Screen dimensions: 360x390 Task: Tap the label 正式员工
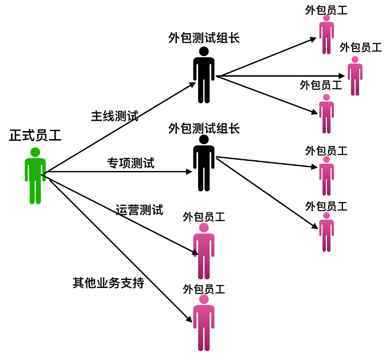pos(36,136)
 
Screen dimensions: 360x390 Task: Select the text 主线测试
pos(115,116)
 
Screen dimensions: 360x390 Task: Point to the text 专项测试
pos(131,163)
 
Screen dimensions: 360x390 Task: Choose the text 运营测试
pos(139,210)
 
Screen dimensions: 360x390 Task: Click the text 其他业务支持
pos(108,283)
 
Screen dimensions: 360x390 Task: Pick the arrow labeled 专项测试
pos(115,172)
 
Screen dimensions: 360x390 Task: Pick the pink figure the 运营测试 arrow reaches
pos(204,252)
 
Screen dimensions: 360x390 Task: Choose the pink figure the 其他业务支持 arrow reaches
pos(204,323)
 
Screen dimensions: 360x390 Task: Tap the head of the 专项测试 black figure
pos(204,139)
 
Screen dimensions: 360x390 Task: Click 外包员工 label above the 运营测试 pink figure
pos(204,217)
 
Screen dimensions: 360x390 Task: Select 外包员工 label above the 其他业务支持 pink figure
pos(204,289)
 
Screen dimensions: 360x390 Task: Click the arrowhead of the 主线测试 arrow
pos(194,84)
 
